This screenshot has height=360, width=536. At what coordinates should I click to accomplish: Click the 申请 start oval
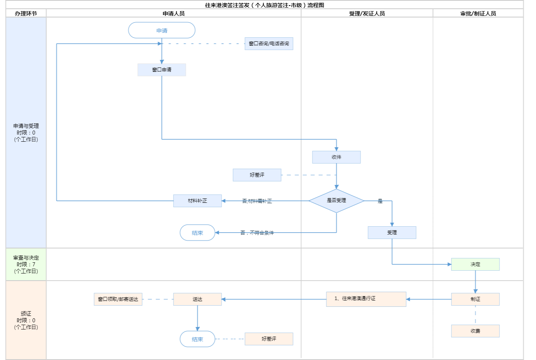[x=162, y=31]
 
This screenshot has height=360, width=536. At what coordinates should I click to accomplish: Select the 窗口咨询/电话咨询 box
[x=269, y=44]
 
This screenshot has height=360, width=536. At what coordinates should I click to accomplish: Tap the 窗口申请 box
[x=162, y=70]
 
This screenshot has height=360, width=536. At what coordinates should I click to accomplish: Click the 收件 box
[x=336, y=157]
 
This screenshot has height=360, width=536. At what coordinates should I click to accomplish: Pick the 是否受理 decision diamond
[x=336, y=201]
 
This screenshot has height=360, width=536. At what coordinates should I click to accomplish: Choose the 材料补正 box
[x=197, y=201]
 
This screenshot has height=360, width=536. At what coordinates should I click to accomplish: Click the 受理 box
[x=392, y=233]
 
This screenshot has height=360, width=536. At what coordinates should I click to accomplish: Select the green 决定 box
[x=475, y=264]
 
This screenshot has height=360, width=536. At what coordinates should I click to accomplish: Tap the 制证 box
[x=475, y=299]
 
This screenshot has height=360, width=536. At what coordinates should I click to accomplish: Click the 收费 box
[x=475, y=331]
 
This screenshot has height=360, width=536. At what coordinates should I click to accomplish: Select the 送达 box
[x=197, y=299]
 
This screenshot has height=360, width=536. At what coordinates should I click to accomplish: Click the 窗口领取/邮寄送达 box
[x=118, y=299]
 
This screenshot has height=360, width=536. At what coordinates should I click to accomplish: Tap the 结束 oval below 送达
[x=197, y=339]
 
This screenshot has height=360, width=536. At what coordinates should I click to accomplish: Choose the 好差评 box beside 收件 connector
[x=257, y=175]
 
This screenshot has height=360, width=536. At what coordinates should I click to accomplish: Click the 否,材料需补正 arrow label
[x=257, y=201]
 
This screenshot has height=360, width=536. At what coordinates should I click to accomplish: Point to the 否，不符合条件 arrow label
[x=257, y=233]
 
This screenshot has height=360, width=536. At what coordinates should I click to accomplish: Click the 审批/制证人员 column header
[x=478, y=13]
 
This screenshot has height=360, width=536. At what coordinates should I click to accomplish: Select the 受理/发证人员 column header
[x=367, y=13]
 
